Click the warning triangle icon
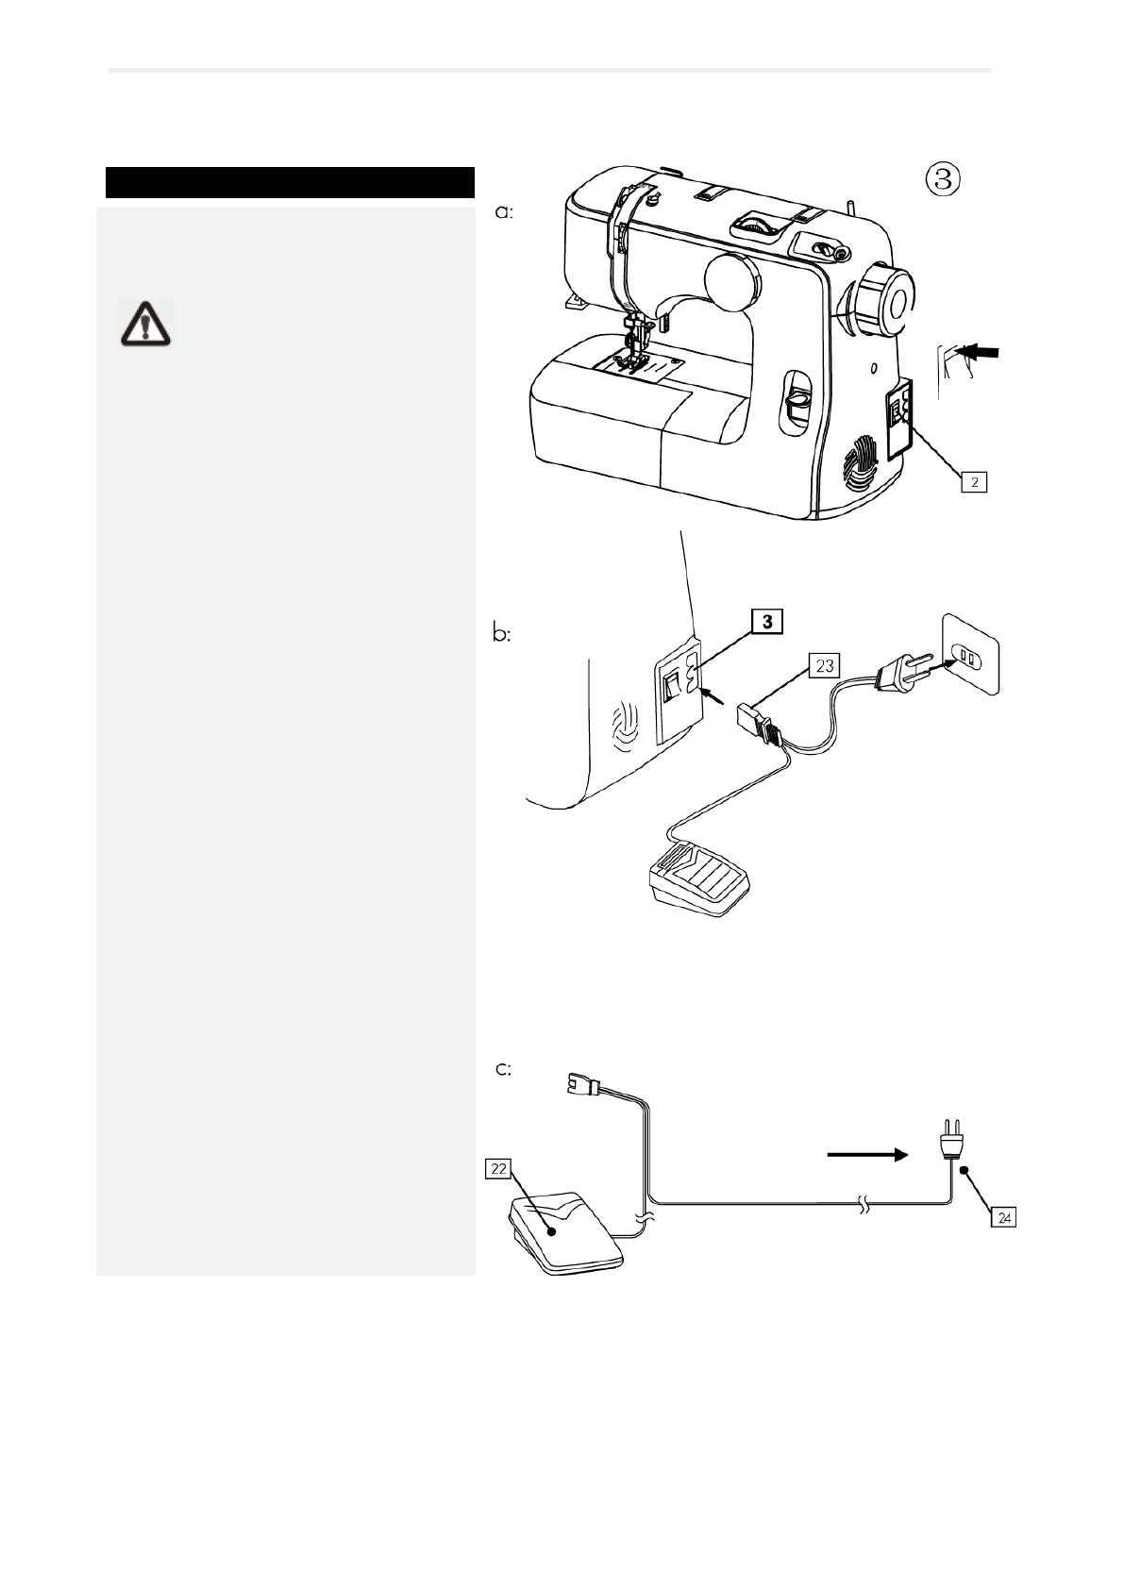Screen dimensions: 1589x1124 pyautogui.click(x=145, y=323)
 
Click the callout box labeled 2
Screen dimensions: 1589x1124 pyautogui.click(x=974, y=482)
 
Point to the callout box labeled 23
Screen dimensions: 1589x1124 pyautogui.click(x=824, y=666)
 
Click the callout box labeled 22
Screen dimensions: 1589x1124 pyautogui.click(x=498, y=1169)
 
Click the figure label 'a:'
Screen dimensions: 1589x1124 pyautogui.click(x=505, y=213)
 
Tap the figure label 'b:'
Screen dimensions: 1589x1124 pyautogui.click(x=504, y=635)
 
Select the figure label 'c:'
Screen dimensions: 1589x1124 pyautogui.click(x=504, y=1069)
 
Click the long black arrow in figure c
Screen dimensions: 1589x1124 pyautogui.click(x=867, y=1154)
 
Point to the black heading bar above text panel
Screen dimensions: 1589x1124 pyautogui.click(x=290, y=182)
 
